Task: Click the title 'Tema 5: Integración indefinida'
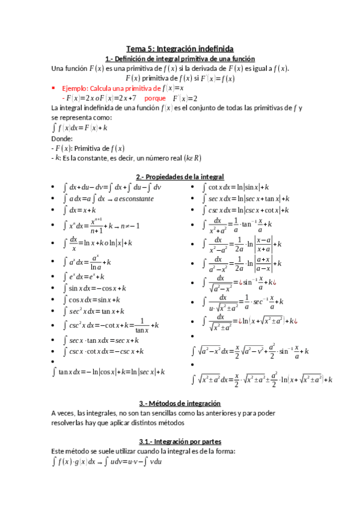[180, 49]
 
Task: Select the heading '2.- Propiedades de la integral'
[180, 177]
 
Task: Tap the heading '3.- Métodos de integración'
[180, 404]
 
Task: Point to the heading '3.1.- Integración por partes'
[180, 441]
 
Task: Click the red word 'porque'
[156, 98]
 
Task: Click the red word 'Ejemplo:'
[75, 88]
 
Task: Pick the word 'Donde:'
[63, 138]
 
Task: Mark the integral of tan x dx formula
[108, 372]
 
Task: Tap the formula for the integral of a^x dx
[87, 262]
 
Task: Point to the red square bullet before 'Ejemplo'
[55, 88]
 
